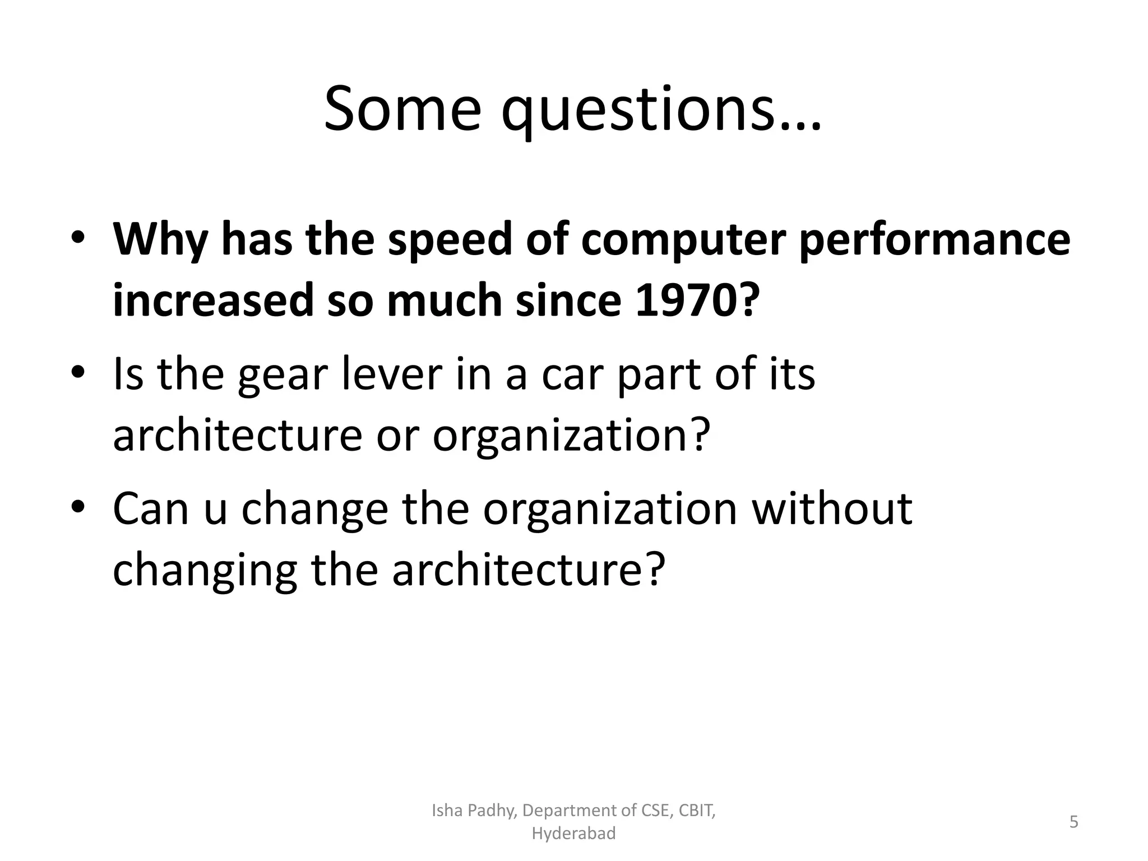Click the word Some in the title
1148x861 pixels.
402,109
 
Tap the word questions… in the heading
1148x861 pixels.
661,112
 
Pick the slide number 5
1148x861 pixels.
1074,822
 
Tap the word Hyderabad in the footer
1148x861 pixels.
573,834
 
